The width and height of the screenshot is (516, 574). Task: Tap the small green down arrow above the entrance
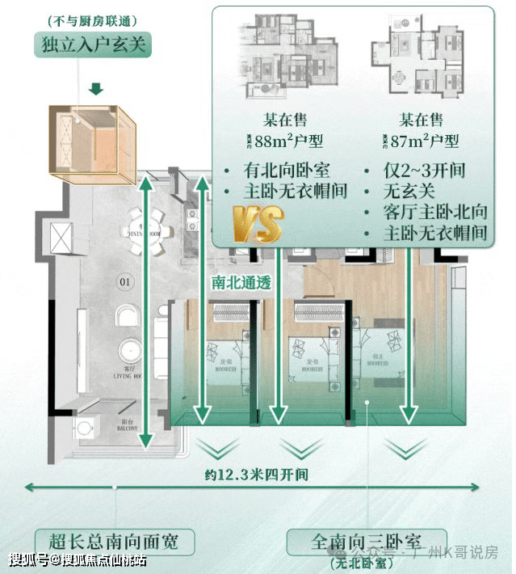tap(96, 87)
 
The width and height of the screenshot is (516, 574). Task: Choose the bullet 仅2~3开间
tap(425, 171)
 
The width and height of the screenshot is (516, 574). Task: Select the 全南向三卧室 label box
tap(367, 539)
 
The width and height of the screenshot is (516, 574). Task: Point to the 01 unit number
tap(125, 282)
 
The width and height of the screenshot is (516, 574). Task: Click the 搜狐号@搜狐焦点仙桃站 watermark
tap(78, 559)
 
